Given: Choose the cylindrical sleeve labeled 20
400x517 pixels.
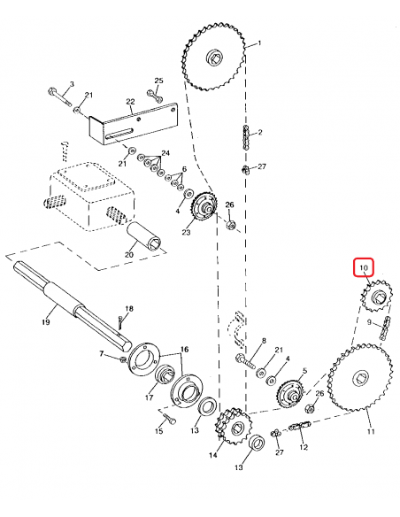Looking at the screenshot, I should point(145,237).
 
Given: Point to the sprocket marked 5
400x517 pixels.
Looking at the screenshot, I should point(291,391).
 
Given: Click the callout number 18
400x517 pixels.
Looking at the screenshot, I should point(128,309).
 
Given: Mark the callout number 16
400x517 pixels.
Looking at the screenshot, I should point(185,351).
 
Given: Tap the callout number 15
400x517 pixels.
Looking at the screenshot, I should point(159,431).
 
